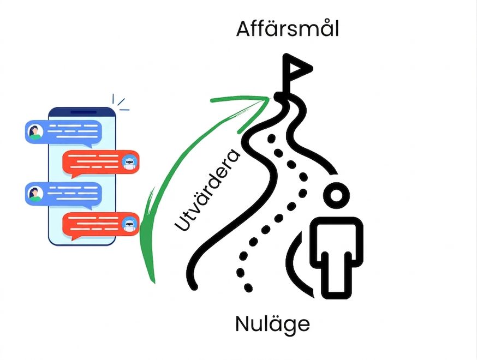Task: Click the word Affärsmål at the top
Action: tap(288, 28)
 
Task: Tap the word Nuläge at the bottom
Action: tap(272, 325)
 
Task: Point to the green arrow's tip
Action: tap(269, 98)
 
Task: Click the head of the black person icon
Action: tap(336, 195)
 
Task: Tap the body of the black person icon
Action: tap(336, 257)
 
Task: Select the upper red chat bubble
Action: tap(100, 163)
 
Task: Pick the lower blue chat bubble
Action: tap(63, 195)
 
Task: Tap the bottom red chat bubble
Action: tap(100, 225)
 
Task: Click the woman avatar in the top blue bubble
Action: tap(35, 132)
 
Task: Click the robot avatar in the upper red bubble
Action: tap(129, 163)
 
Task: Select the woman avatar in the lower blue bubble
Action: tap(35, 194)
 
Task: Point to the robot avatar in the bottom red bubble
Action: tap(129, 225)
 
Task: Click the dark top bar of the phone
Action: tap(82, 112)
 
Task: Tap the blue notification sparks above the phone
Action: tap(121, 102)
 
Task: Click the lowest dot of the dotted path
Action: tap(248, 287)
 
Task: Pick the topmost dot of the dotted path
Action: tap(272, 139)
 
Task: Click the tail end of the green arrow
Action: tap(154, 282)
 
